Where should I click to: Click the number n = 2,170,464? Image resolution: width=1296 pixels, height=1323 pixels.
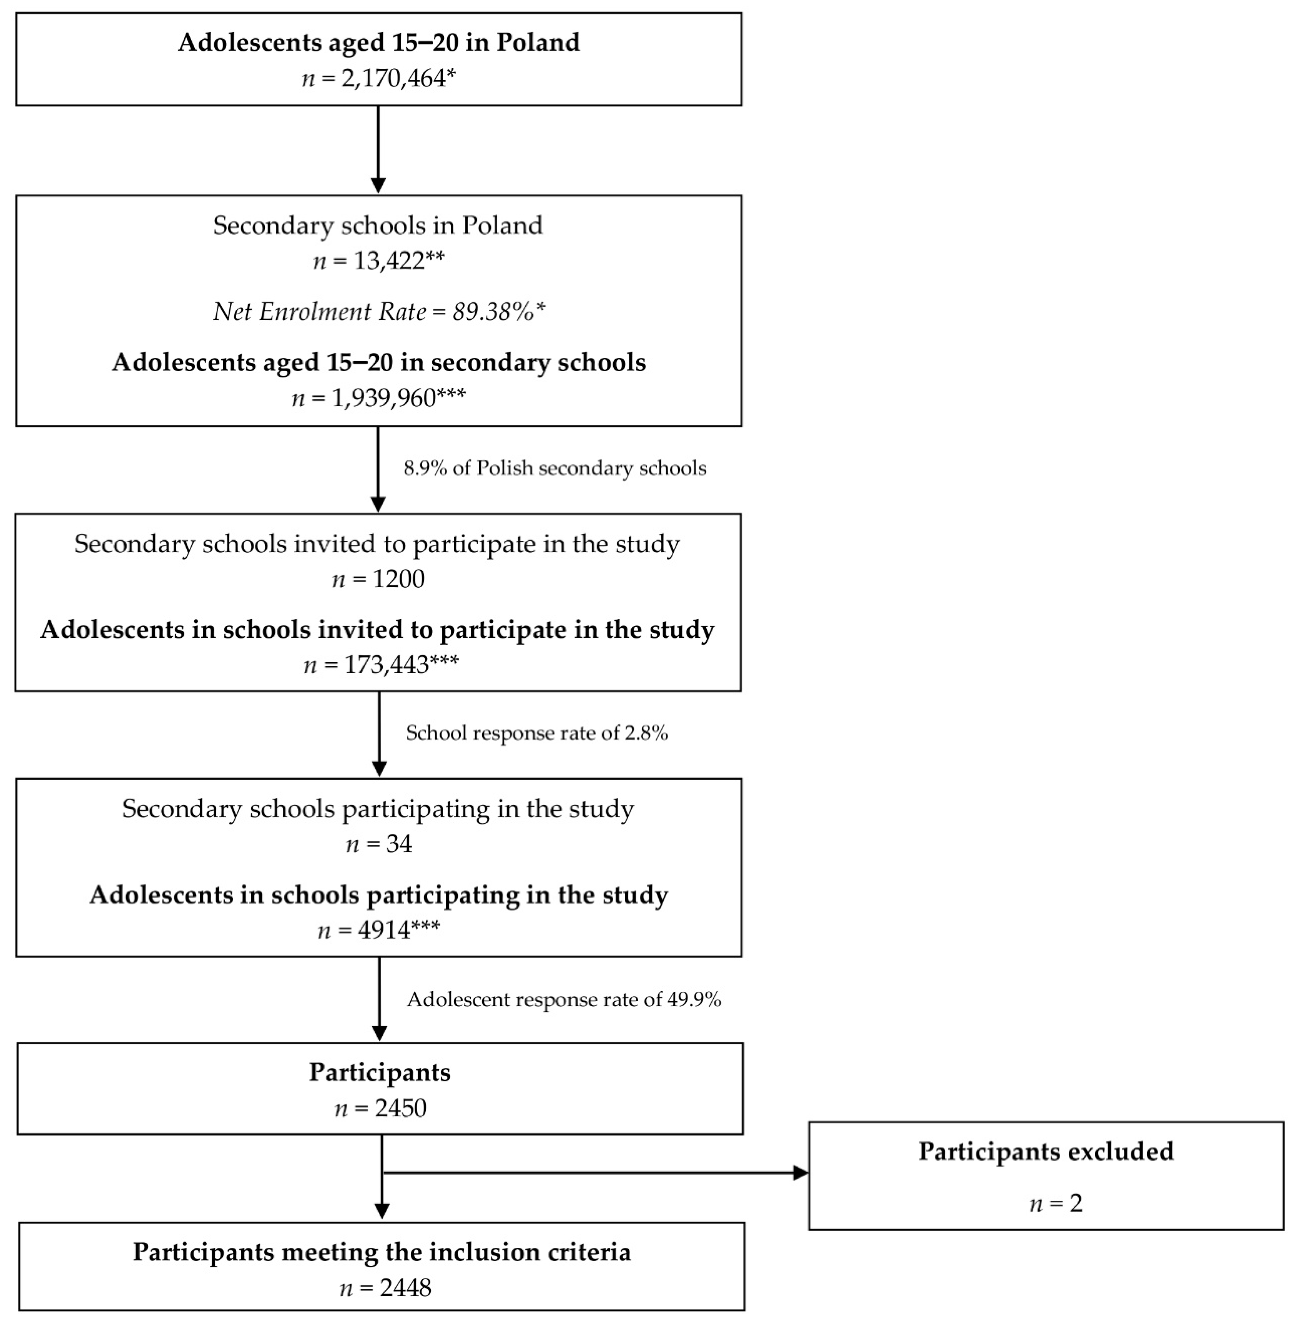click(378, 78)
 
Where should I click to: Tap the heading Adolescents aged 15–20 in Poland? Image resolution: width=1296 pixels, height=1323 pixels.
click(378, 42)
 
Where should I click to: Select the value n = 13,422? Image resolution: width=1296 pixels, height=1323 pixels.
click(378, 261)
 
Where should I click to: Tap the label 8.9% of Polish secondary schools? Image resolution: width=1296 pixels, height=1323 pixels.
click(555, 468)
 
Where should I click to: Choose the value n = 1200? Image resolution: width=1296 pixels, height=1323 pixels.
click(378, 579)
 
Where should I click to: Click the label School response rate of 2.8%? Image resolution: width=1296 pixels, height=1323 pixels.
click(536, 733)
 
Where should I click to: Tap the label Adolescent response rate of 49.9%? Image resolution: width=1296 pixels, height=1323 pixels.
click(564, 999)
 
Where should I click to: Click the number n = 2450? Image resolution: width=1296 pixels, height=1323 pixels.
click(380, 1109)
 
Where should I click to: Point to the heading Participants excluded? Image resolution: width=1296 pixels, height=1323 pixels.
click(1046, 1151)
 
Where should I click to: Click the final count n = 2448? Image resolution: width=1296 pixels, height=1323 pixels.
click(385, 1288)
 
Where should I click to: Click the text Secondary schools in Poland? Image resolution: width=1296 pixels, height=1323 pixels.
click(378, 225)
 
